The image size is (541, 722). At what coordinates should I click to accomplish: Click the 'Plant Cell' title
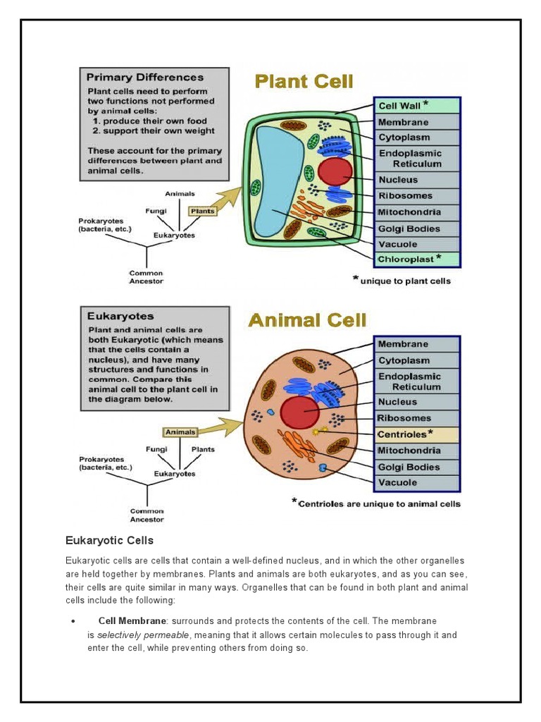coord(304,82)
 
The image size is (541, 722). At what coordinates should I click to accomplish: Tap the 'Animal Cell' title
coord(308,321)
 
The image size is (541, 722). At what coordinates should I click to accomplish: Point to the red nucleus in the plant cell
coord(335,172)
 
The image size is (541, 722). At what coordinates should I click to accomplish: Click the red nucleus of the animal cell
coord(299,413)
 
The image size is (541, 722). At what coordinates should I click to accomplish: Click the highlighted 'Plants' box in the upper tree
coord(202,211)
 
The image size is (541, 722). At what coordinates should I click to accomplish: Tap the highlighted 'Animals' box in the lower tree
coord(180,432)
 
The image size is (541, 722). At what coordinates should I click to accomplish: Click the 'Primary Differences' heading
coord(145,78)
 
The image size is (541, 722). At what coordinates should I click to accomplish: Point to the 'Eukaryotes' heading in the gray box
coord(120,317)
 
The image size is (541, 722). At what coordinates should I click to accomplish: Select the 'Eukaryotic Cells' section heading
coord(109,541)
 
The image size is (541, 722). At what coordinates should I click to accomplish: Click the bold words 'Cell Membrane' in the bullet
coord(132,620)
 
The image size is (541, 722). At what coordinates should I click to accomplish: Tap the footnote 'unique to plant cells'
coord(405,281)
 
